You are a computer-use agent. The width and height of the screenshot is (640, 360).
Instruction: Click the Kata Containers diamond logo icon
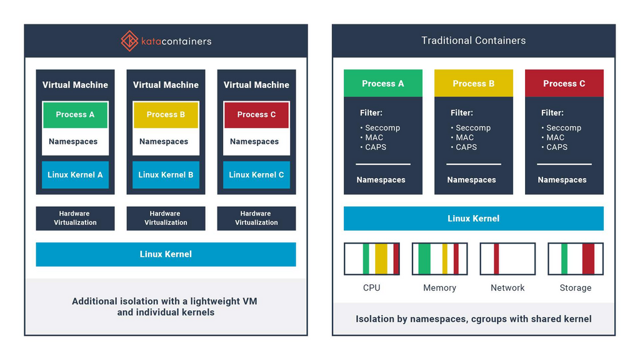coord(129,41)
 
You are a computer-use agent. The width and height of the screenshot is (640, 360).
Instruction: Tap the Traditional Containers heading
coord(473,41)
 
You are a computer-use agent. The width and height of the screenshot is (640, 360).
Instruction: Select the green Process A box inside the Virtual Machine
coord(75,115)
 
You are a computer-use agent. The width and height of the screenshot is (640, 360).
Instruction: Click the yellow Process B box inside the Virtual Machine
coord(166,115)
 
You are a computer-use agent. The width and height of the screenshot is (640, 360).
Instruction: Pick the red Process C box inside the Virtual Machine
coord(256,115)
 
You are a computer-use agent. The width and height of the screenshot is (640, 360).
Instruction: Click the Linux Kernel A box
coord(75,175)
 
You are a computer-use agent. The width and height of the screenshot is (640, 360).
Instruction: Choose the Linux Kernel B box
coord(166,175)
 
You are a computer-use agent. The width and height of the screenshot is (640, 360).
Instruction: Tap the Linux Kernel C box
coord(256,175)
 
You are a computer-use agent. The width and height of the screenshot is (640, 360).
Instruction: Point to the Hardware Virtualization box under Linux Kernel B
coord(166,218)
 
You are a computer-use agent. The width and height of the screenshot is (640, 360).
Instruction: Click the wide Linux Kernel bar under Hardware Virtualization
coord(166,254)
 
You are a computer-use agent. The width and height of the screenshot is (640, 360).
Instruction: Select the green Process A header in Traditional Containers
coord(382,84)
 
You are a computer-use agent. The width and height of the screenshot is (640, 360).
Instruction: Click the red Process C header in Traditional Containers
coord(564,84)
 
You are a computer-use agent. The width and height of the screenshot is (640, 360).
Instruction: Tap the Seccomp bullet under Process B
coord(472,128)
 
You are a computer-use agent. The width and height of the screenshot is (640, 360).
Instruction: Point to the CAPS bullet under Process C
coord(556,147)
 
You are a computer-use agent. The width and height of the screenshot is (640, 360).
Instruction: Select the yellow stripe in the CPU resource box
coord(381,259)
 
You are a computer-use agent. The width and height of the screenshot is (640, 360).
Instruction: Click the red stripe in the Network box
coord(496,259)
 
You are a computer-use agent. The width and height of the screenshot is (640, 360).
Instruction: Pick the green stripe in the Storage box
coord(564,259)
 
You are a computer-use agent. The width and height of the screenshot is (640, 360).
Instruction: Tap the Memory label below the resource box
coord(439,288)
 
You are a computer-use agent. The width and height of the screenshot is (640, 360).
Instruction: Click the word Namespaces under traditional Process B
coord(471,180)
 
